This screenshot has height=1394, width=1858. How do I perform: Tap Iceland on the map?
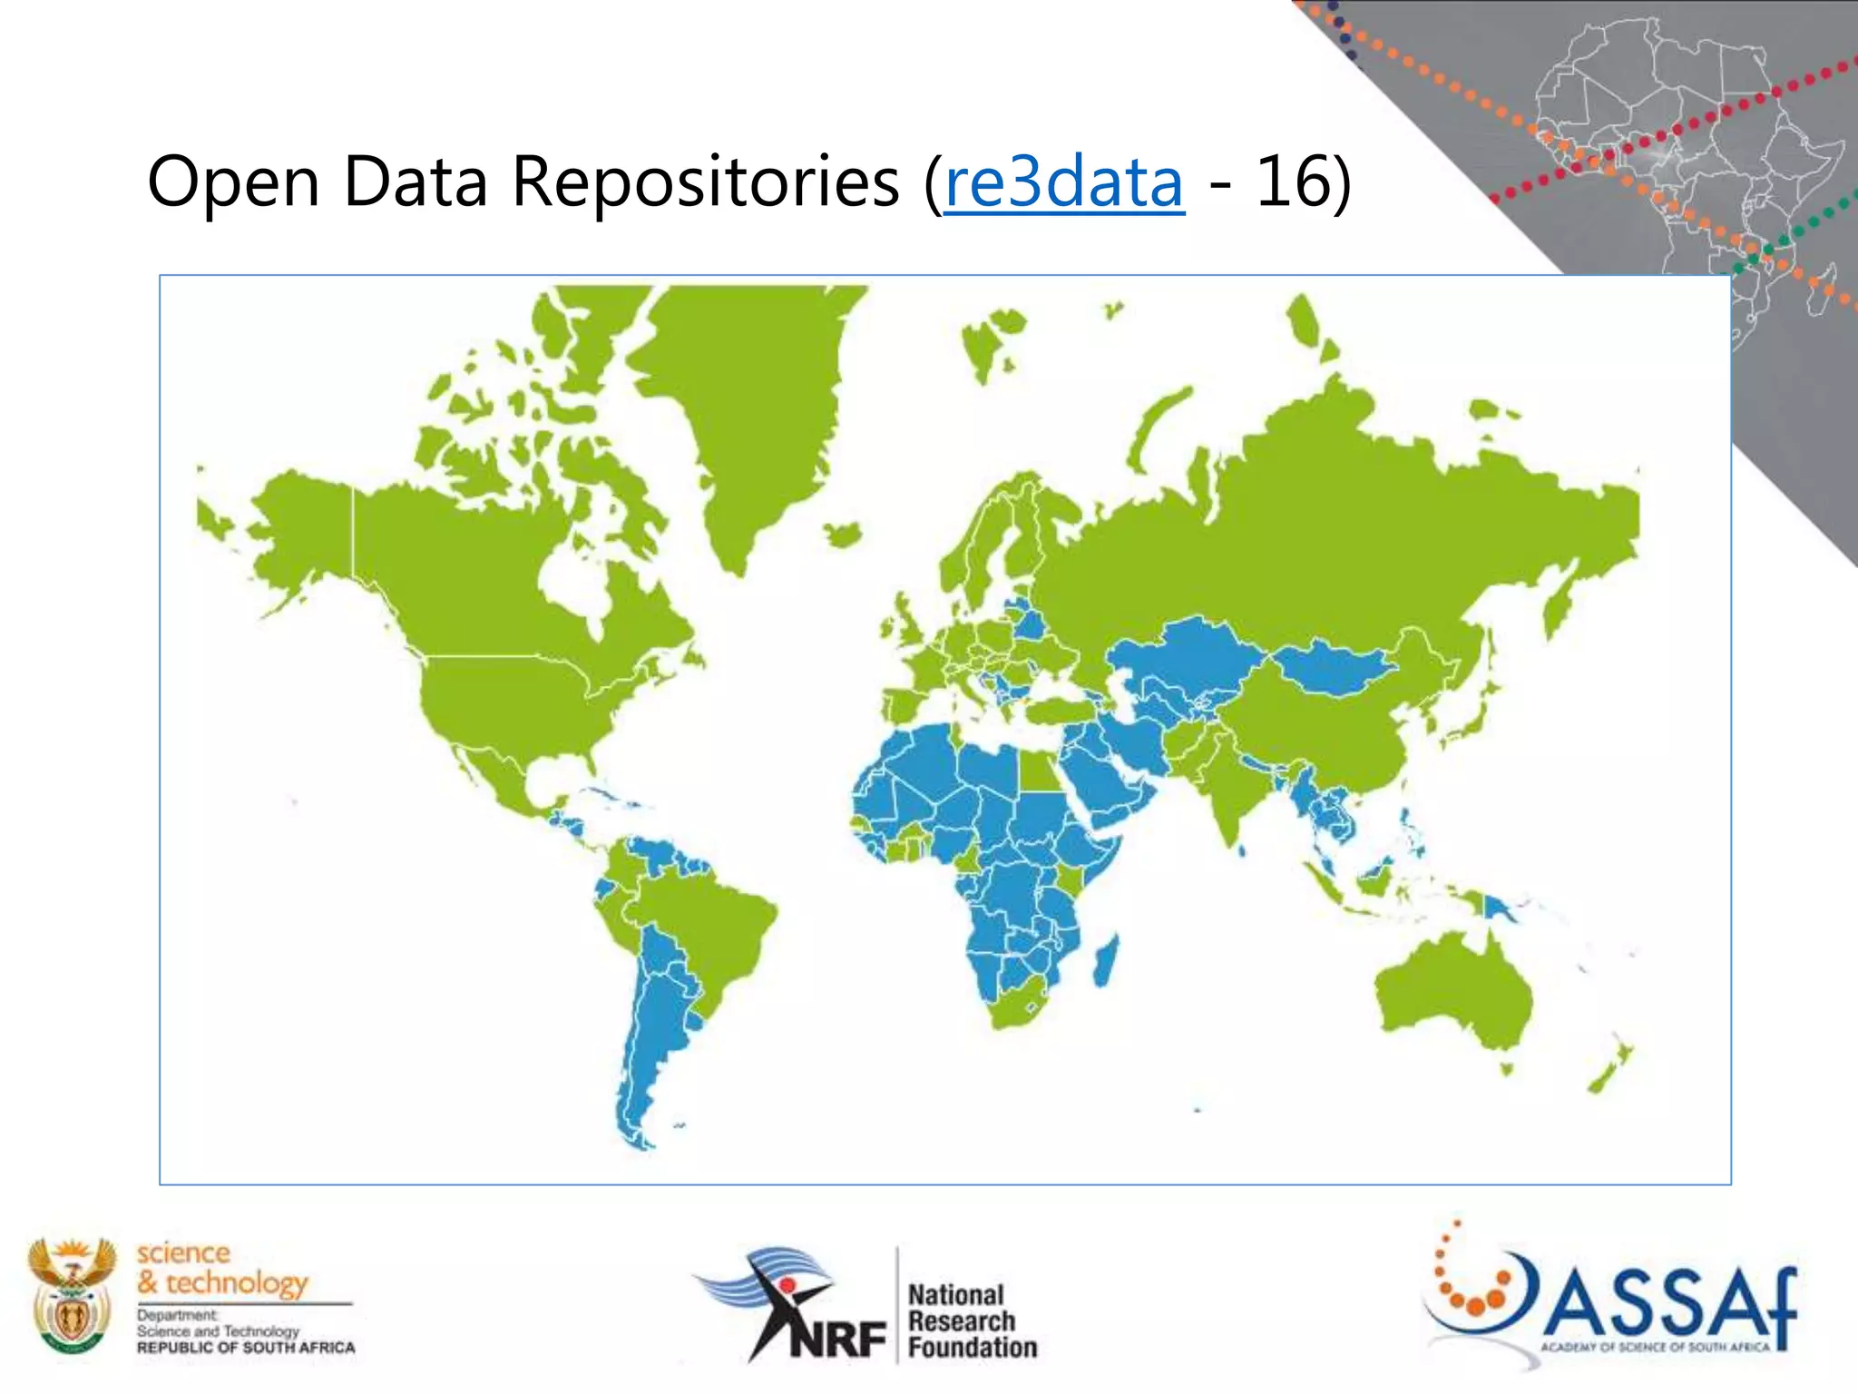click(x=845, y=535)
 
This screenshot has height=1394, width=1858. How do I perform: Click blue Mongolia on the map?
click(x=1334, y=667)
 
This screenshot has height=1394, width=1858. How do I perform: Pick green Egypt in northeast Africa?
click(x=1038, y=771)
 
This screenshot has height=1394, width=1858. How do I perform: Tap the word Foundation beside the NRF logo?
click(x=973, y=1347)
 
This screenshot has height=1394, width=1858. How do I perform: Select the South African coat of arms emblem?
click(x=72, y=1295)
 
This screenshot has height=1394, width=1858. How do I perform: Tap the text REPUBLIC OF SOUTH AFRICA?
click(x=246, y=1348)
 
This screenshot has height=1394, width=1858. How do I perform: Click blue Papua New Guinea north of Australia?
click(x=1496, y=907)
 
